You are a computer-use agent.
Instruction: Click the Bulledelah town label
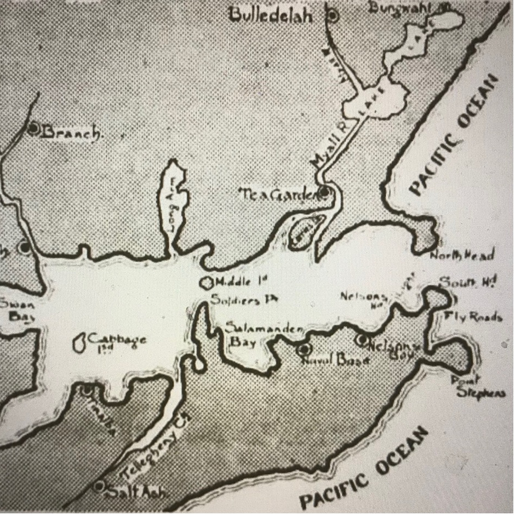point(271,15)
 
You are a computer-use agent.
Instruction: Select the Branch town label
point(71,132)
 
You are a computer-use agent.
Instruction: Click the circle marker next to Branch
point(34,129)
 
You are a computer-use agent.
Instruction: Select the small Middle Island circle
point(207,283)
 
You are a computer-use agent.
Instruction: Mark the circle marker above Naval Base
point(304,348)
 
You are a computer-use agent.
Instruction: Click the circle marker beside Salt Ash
point(99,485)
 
